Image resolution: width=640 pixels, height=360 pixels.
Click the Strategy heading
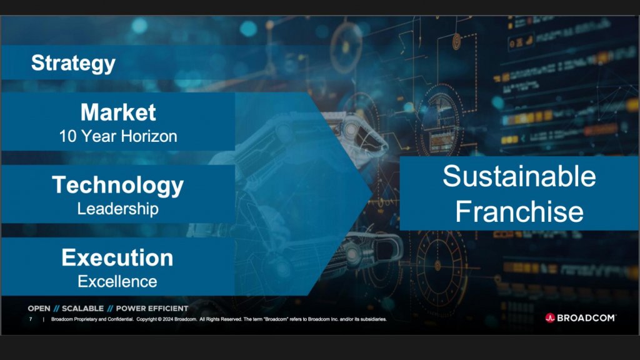(73, 63)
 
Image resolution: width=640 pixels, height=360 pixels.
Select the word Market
(118, 112)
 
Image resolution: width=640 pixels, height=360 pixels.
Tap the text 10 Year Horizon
(118, 136)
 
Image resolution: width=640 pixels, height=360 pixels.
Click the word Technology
(118, 185)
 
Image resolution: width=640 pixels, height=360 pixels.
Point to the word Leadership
(118, 209)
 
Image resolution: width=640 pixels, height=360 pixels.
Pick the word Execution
(117, 257)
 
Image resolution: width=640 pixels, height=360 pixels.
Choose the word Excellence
(117, 281)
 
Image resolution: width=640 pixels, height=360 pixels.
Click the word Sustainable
(519, 177)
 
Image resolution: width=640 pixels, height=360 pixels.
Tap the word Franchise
(519, 212)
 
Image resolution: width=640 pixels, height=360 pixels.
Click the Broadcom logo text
(586, 317)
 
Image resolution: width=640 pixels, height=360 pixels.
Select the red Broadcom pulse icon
(550, 317)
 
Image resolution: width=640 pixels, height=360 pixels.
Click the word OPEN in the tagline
(39, 309)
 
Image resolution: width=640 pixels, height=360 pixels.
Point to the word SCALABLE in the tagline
(82, 309)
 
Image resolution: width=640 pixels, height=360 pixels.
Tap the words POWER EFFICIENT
(152, 309)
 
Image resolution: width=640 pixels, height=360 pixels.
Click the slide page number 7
(31, 319)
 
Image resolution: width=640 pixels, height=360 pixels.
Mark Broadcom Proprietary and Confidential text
(92, 319)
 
